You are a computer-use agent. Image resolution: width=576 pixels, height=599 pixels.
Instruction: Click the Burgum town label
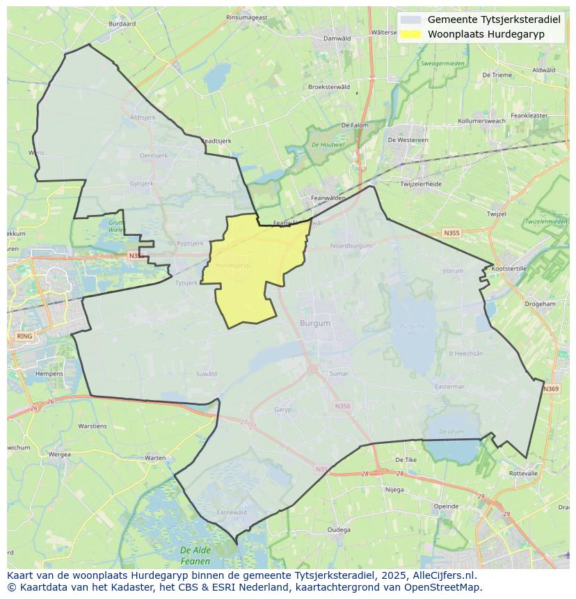click(315, 324)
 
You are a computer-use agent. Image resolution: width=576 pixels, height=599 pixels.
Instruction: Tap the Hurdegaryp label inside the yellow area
click(232, 266)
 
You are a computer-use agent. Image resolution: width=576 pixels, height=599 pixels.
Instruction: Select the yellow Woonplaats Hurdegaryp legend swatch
click(411, 34)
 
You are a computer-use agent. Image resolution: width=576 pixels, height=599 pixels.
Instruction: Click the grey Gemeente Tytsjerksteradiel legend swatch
click(411, 19)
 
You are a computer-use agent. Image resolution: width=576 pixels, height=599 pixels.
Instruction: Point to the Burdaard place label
click(122, 24)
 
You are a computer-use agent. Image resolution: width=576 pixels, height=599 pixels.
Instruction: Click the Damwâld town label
click(337, 38)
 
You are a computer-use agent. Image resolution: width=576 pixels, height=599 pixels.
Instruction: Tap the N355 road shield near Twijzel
click(451, 234)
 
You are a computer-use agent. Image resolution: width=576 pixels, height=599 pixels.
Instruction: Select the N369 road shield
click(551, 389)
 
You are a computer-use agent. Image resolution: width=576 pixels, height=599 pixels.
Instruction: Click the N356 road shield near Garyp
click(342, 406)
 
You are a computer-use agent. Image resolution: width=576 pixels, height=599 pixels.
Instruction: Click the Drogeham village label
click(540, 304)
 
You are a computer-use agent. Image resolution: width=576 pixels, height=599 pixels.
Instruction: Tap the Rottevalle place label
click(523, 473)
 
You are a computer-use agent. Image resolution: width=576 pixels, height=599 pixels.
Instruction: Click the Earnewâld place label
click(232, 512)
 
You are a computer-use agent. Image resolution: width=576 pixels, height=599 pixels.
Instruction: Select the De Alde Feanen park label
click(195, 555)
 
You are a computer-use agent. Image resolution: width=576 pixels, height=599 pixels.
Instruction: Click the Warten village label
click(155, 458)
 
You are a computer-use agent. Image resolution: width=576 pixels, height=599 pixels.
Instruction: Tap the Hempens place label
click(49, 374)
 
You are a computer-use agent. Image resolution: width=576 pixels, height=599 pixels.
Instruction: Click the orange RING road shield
click(24, 337)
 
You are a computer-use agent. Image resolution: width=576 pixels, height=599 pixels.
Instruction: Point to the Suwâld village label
click(207, 374)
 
